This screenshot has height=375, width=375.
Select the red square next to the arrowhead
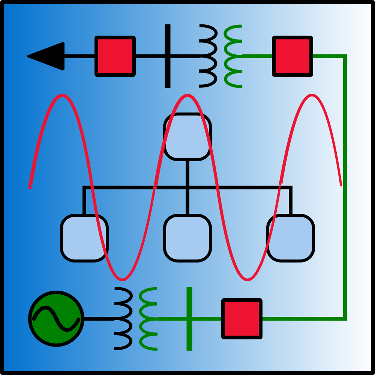coord(115,56)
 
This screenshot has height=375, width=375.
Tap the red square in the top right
coord(292,56)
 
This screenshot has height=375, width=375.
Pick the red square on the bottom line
coord(242,319)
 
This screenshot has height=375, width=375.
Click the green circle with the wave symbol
coord(56,330)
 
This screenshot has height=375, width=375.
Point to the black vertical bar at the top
coord(168,37)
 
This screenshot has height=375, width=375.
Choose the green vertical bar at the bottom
coord(189,337)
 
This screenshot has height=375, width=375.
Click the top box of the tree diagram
coord(187,137)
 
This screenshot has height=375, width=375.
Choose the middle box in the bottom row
coord(187,238)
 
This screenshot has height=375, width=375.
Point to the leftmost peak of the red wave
coord(62,96)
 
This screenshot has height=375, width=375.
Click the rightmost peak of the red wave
coord(312,96)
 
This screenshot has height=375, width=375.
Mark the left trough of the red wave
coord(122,279)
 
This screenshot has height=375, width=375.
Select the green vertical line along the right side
coord(345,187)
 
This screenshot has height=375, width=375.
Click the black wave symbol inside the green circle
coord(56,318)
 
